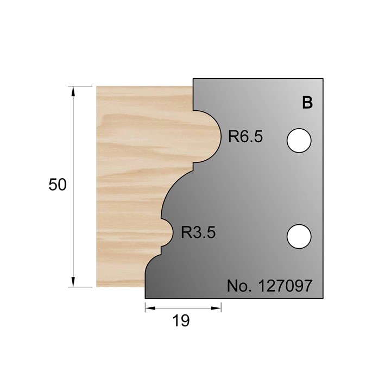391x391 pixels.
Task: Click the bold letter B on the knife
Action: point(307,103)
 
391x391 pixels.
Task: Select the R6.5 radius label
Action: point(245,136)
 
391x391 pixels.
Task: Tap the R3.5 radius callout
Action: point(198,233)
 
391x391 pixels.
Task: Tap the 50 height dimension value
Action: point(58,185)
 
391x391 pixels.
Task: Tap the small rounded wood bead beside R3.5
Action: point(166,233)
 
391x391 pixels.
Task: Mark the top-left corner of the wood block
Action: point(97,86)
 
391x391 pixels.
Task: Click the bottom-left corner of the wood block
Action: point(97,286)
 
